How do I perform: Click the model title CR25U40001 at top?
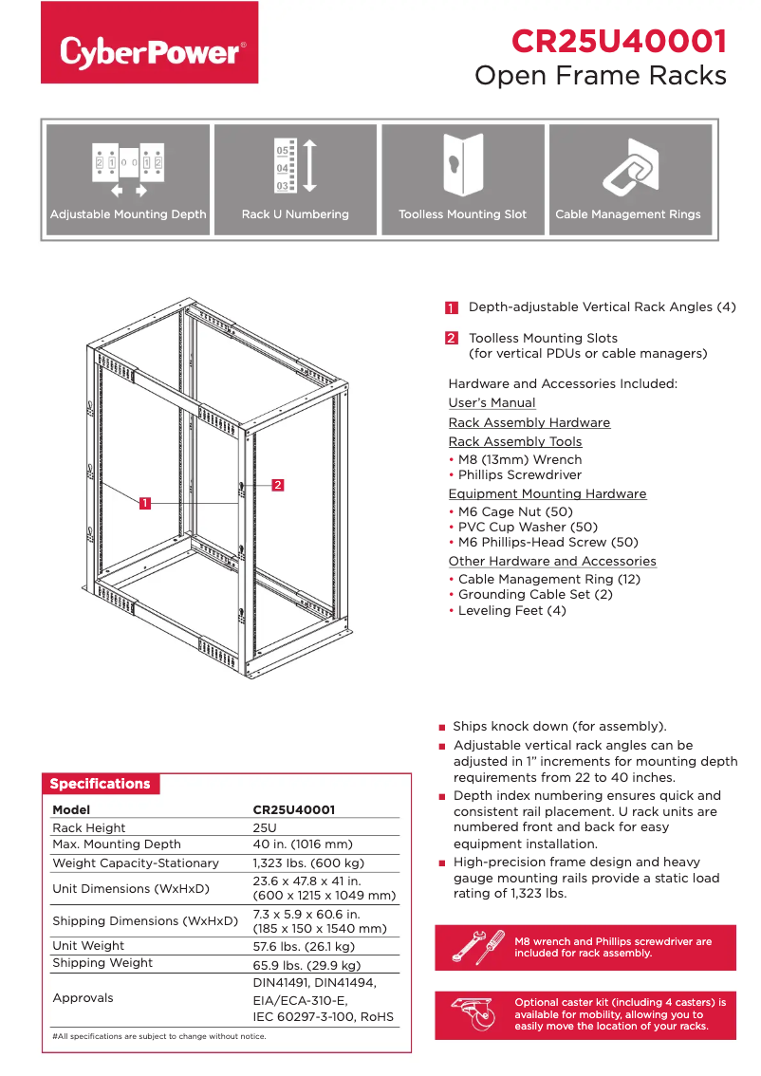click(x=619, y=42)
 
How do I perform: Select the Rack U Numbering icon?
click(x=295, y=165)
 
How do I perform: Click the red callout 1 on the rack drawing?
click(x=145, y=503)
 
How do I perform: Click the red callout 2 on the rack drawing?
click(x=278, y=485)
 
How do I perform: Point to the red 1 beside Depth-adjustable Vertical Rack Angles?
click(x=452, y=307)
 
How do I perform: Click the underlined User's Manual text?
click(x=492, y=403)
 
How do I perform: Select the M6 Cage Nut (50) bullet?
click(x=513, y=511)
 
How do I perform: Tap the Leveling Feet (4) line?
click(x=511, y=610)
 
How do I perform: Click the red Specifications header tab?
click(x=101, y=784)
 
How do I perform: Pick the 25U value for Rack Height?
click(x=265, y=827)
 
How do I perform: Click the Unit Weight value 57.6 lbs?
click(x=304, y=946)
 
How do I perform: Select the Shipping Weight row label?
click(x=102, y=962)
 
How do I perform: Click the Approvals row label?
click(x=83, y=997)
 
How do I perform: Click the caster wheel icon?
click(x=474, y=1014)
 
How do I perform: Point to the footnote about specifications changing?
click(x=159, y=1036)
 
